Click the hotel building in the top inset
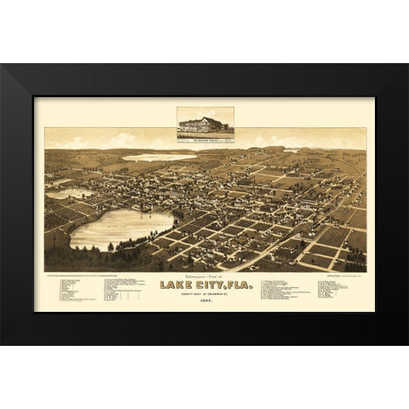click(x=203, y=121)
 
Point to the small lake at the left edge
click(x=60, y=193)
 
